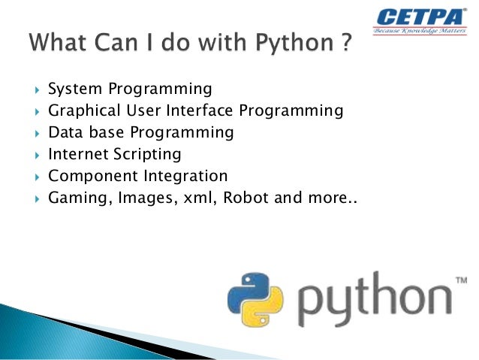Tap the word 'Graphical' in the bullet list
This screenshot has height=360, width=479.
[80, 111]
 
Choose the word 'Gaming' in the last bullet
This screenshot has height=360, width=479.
[74, 199]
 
